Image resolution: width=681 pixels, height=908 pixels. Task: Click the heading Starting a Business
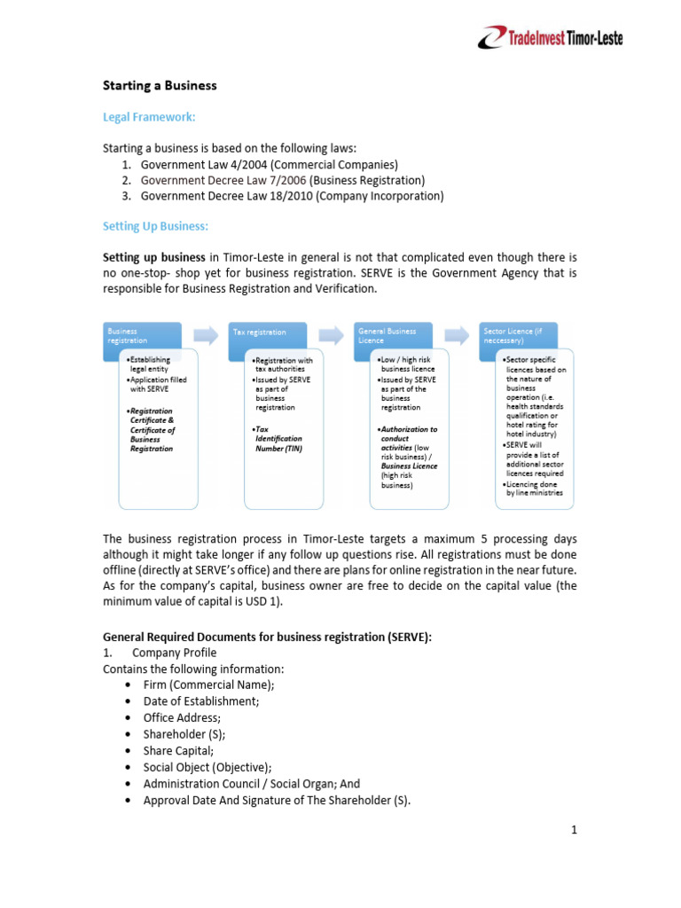tap(160, 86)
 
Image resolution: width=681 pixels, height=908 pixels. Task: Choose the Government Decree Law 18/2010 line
tap(293, 196)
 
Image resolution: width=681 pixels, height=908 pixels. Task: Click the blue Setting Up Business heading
tap(155, 227)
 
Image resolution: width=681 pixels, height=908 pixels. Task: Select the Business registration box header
tap(142, 335)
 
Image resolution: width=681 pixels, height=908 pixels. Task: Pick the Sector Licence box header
tap(518, 335)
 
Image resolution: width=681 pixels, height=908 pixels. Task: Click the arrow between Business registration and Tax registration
tap(206, 334)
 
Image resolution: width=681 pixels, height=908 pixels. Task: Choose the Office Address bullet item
tap(182, 717)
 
